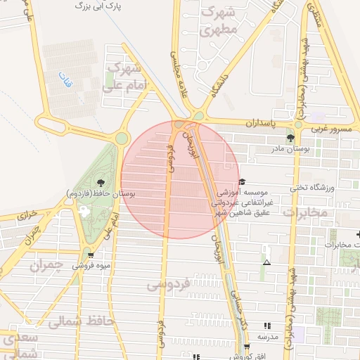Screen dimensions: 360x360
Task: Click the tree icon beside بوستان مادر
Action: pos(291,138)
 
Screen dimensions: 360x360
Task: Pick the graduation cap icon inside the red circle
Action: pos(242,181)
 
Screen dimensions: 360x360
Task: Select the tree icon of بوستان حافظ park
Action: pos(102,181)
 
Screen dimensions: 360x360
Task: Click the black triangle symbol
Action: pos(266,262)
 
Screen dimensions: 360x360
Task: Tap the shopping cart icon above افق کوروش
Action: pos(246,347)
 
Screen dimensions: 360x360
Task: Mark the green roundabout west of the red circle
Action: pos(122,139)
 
